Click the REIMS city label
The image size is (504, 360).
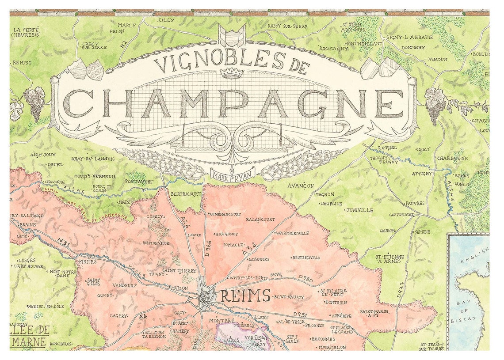tap(245, 296)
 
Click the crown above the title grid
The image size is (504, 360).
tap(233, 73)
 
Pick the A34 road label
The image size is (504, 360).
tap(250, 250)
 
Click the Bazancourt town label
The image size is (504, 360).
tap(260, 219)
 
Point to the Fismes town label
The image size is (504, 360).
tap(88, 261)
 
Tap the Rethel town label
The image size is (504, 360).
tap(388, 148)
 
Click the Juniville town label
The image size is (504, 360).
tap(359, 210)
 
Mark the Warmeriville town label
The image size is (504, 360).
tap(293, 233)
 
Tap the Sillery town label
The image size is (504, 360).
tap(260, 317)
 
